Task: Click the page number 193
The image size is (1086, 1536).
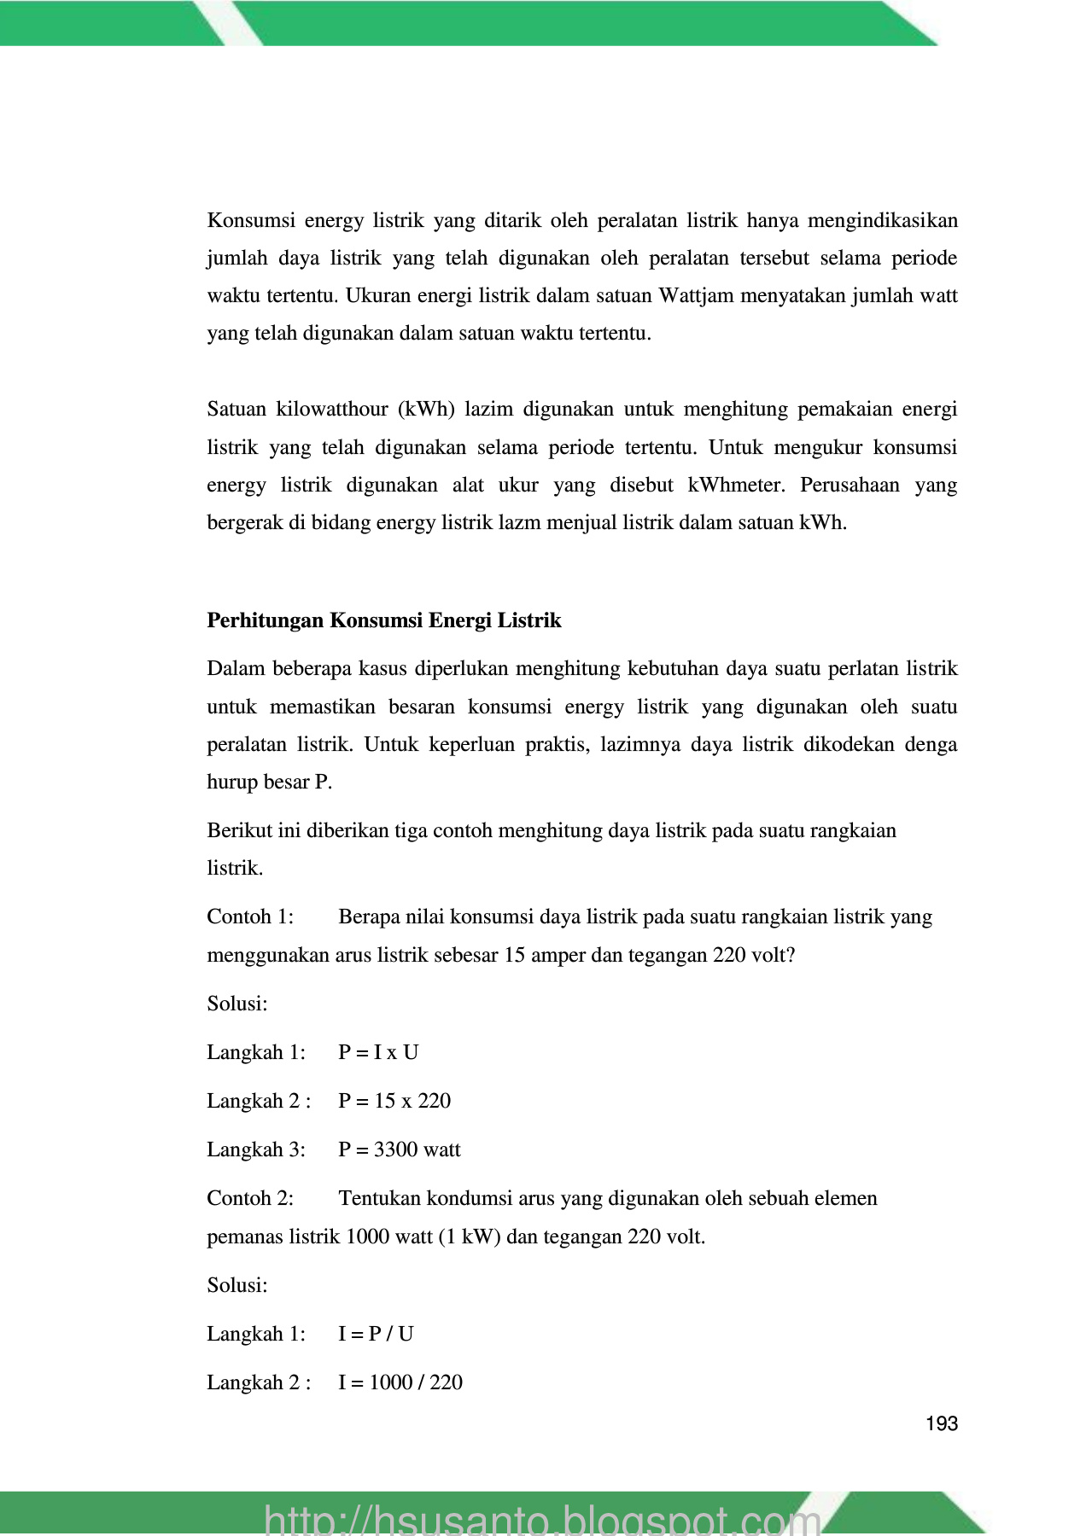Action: (941, 1423)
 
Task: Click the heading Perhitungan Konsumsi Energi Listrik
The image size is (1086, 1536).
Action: (384, 620)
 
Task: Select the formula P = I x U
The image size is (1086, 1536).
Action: (378, 1052)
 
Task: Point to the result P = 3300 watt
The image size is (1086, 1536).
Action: (399, 1149)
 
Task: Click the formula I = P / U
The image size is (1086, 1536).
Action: (376, 1334)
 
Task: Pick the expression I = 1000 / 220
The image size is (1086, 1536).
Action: (400, 1382)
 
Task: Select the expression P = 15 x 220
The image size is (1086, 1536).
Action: (394, 1101)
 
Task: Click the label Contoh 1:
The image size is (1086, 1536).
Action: (250, 916)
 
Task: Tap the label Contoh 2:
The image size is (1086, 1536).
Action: (250, 1198)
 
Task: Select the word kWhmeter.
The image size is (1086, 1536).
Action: (735, 486)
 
